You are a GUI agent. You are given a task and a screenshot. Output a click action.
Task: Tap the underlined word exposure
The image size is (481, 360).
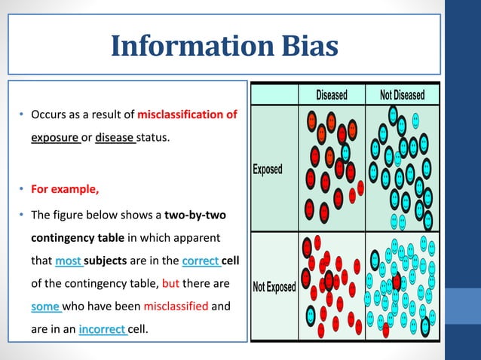click(x=54, y=137)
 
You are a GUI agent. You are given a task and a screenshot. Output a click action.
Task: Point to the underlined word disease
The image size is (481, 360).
click(x=115, y=137)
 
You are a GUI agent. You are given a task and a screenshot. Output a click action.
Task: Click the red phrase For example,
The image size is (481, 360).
click(x=65, y=188)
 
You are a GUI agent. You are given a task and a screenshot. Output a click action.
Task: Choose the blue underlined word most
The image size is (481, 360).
click(x=68, y=261)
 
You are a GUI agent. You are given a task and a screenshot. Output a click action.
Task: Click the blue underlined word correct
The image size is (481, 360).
click(x=201, y=261)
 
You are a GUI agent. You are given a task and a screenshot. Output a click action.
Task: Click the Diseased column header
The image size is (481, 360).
click(x=332, y=95)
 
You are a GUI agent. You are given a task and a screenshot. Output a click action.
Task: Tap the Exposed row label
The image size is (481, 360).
click(x=268, y=169)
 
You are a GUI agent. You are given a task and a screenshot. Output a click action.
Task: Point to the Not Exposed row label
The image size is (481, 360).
click(x=274, y=287)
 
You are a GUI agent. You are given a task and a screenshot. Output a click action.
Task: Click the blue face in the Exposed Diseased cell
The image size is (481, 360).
click(x=346, y=151)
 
